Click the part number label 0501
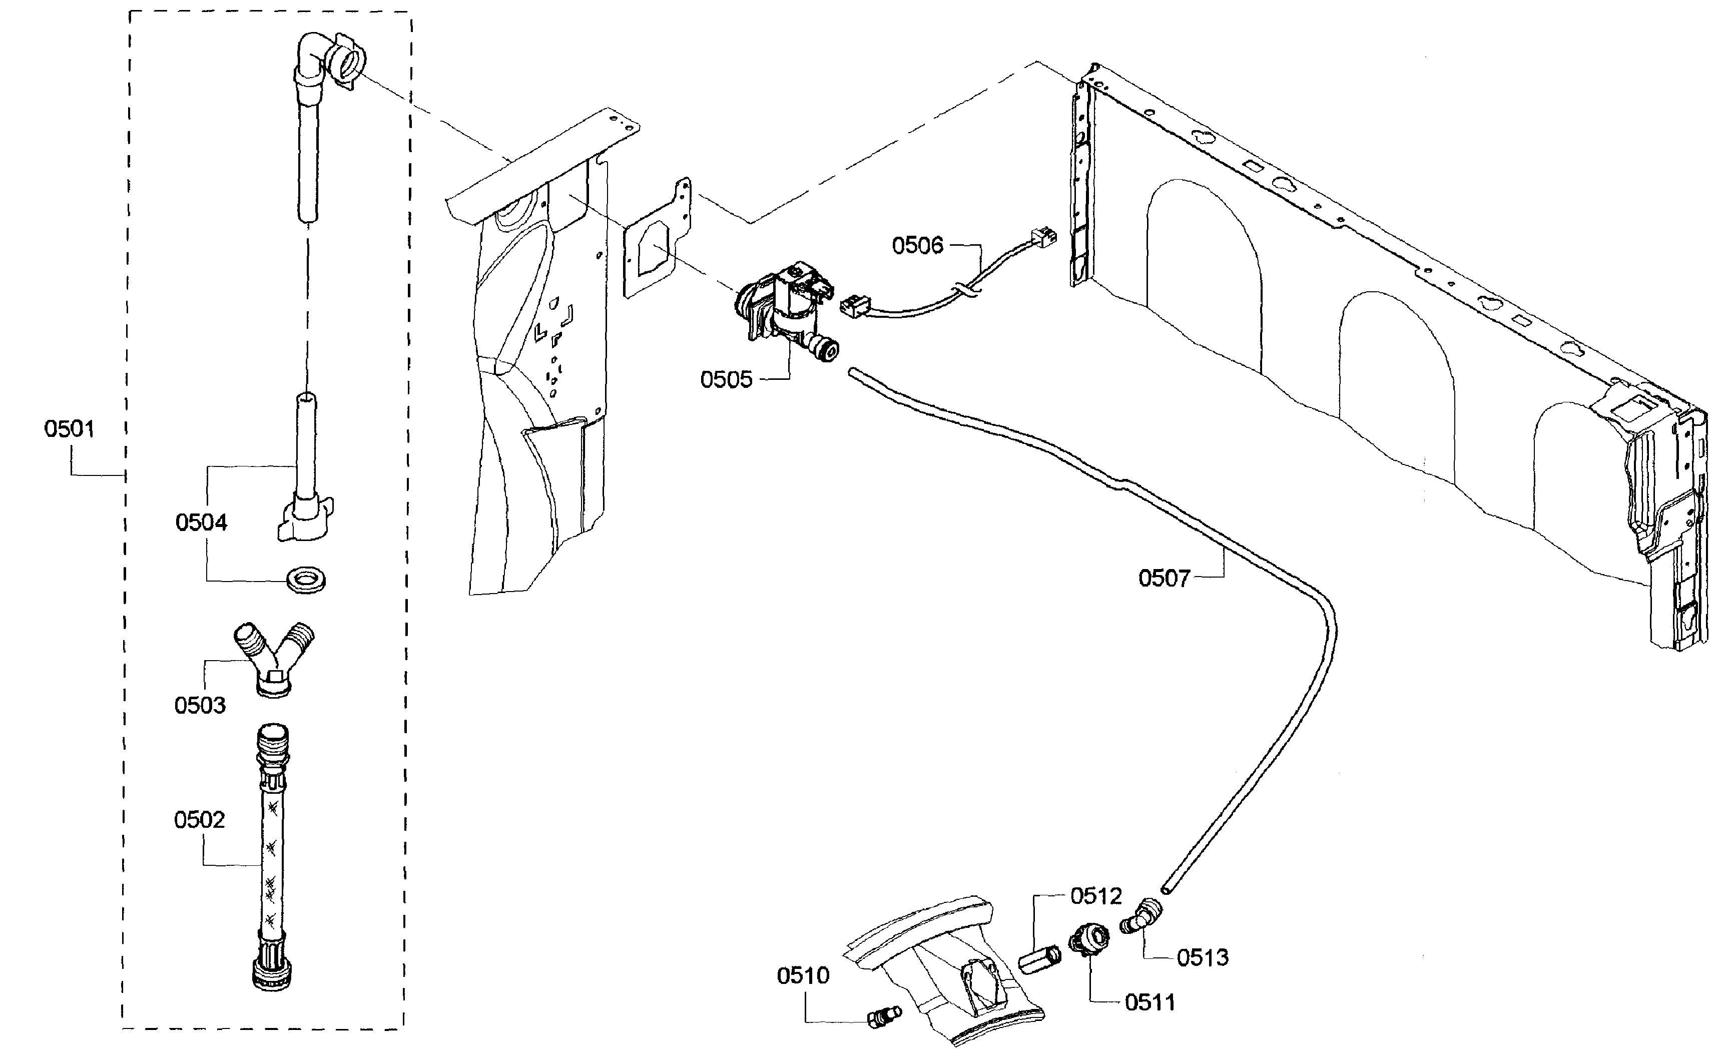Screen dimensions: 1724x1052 point(69,429)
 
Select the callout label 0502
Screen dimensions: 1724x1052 point(199,820)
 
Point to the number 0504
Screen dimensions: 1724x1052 point(202,522)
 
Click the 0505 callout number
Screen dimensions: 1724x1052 point(726,379)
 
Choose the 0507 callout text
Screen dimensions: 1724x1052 point(1164,578)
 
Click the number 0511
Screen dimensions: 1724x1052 point(1151,1003)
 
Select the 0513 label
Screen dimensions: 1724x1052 point(1203,957)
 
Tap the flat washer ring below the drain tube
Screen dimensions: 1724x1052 point(306,580)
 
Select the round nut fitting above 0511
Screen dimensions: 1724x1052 point(1089,938)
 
